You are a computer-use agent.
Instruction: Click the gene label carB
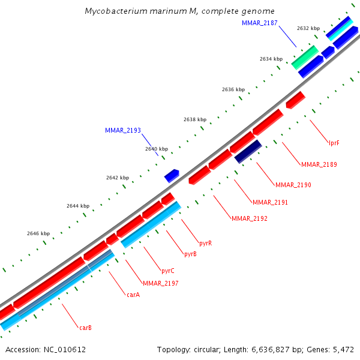85,328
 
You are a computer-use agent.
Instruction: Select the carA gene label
133,295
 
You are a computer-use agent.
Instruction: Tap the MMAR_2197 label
160,283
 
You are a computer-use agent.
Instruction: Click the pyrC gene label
168,271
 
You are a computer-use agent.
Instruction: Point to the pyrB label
190,254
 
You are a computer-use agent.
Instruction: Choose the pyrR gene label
206,243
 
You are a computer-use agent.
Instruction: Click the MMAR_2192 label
249,218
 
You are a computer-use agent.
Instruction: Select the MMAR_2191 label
270,202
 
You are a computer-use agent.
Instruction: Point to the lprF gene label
334,143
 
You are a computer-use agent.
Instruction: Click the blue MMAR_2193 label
122,130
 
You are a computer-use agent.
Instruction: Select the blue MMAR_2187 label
259,22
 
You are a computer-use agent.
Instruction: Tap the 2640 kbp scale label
157,149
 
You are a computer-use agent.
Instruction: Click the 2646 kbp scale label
38,233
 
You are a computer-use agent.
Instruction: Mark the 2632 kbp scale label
308,28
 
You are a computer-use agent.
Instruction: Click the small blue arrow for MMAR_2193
172,175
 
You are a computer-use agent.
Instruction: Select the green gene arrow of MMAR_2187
305,56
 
